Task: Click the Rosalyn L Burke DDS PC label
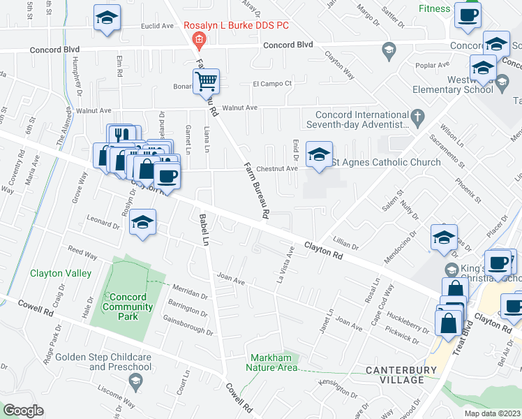pos(236,26)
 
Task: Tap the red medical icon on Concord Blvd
pos(199,41)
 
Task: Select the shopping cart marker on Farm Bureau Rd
pos(207,82)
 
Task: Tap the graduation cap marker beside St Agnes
pos(319,156)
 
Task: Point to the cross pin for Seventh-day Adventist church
pos(418,117)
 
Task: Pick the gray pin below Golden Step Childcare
pos(135,380)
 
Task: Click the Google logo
pos(23,411)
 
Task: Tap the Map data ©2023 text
pos(492,413)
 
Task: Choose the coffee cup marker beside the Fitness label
pos(467,15)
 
